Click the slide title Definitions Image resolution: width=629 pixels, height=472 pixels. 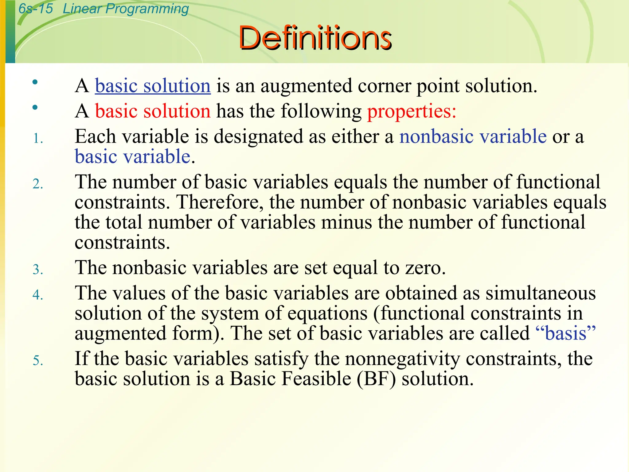point(315,38)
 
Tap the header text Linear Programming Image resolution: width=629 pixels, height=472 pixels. point(126,9)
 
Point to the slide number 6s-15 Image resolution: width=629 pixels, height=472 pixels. point(36,9)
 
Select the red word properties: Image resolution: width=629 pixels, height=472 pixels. point(412,111)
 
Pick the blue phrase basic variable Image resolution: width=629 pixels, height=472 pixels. point(133,156)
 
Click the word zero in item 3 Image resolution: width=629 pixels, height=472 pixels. point(425,268)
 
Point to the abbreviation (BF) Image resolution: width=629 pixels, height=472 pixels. point(376,379)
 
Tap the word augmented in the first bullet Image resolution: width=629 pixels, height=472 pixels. point(306,86)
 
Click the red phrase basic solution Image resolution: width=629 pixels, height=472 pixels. point(153,111)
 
